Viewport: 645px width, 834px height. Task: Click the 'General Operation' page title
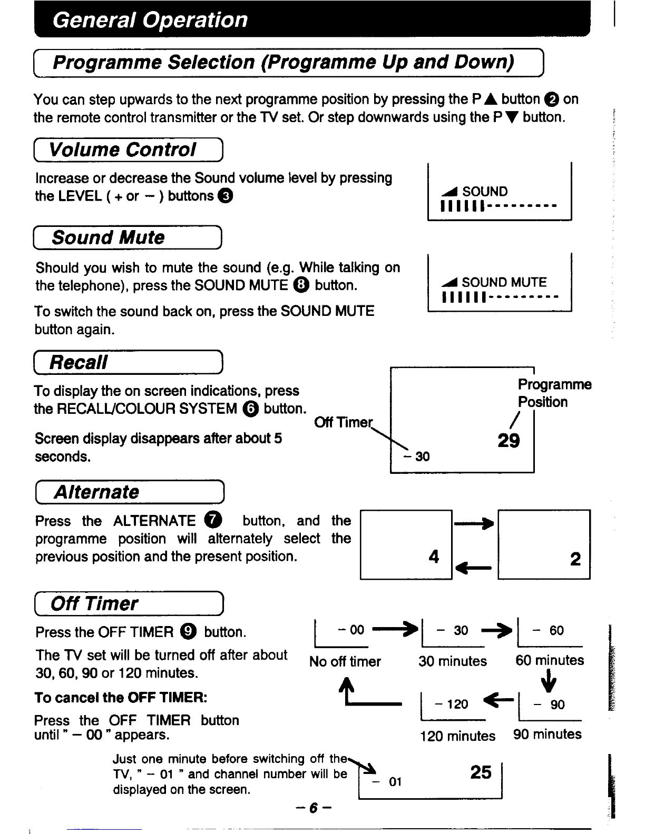tap(150, 20)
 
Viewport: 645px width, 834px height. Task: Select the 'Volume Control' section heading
tap(122, 150)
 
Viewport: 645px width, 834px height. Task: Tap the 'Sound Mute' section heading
tap(108, 237)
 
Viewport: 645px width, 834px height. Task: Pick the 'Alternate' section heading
tap(97, 492)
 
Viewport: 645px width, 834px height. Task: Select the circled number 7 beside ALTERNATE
tap(213, 520)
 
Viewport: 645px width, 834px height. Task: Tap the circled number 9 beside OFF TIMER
tap(188, 632)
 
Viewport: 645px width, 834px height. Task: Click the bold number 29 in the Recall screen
tap(509, 440)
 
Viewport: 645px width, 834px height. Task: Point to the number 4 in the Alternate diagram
tap(434, 557)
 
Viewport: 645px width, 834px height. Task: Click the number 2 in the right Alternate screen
tap(575, 558)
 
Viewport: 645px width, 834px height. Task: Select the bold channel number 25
tap(481, 772)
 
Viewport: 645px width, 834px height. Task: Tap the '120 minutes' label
tap(457, 736)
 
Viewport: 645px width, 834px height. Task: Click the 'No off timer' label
tap(345, 661)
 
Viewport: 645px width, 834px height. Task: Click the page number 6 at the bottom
tap(313, 808)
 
